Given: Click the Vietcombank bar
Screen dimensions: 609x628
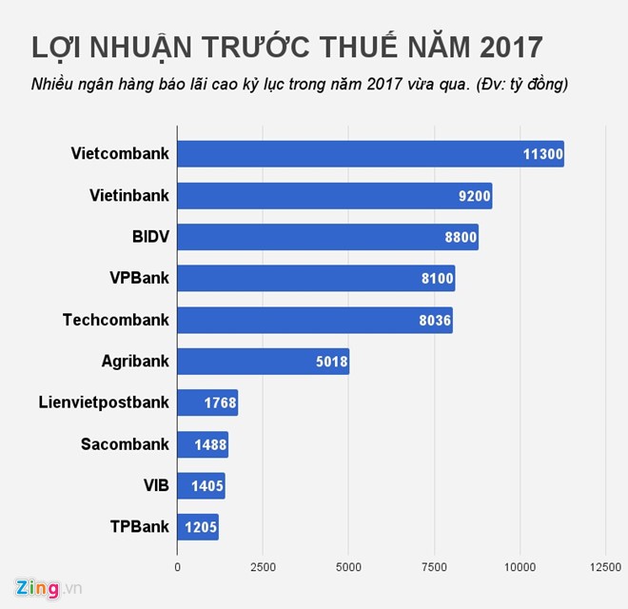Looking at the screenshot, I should (370, 154).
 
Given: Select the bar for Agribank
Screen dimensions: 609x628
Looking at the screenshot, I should (263, 361).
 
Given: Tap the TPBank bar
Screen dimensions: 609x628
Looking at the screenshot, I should (198, 526).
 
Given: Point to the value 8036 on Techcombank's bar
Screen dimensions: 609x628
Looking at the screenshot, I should (433, 321).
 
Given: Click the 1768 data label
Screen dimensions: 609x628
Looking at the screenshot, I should (218, 403).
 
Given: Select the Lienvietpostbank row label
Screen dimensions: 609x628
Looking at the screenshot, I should (105, 403).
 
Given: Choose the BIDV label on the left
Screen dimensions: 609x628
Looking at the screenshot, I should (150, 237).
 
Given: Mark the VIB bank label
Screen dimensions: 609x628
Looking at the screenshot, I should (156, 485).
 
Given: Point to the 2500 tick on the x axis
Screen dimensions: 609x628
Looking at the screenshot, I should (263, 567).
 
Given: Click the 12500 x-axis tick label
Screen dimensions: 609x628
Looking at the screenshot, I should (605, 567).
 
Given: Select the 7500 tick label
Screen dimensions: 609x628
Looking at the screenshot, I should (434, 567).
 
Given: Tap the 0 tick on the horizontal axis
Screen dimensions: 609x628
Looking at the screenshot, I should (178, 567).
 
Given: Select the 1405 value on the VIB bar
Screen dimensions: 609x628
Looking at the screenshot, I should (206, 486).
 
